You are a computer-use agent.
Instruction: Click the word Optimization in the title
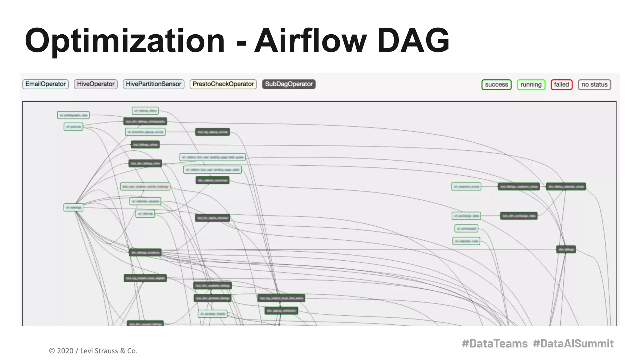pos(125,41)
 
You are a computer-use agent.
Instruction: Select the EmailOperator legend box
pos(46,84)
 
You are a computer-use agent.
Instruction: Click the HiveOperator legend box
pos(96,84)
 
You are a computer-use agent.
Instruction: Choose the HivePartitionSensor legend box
pos(153,84)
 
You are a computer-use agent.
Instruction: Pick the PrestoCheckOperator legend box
pos(223,84)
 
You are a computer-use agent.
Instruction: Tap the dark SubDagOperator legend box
pos(289,84)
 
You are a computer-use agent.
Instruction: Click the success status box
pos(496,85)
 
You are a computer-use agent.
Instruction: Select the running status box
pos(531,85)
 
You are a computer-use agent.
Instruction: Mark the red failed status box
pos(562,85)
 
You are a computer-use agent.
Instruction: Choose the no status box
pos(594,85)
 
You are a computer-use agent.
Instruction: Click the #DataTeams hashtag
pos(495,343)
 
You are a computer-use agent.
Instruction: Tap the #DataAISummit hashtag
pos(573,343)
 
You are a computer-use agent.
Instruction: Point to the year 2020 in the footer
pos(65,351)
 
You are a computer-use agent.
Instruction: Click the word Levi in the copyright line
pos(87,351)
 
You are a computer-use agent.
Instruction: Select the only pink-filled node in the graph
pos(145,187)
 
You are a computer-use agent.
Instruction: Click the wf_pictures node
pos(73,127)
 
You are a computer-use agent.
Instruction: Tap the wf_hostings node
pos(73,207)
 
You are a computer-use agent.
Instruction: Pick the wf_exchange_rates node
pos(466,216)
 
